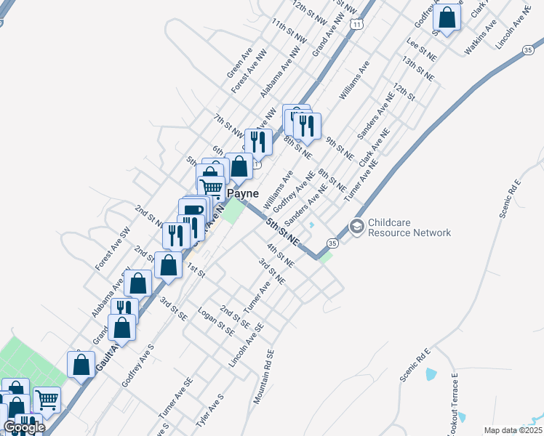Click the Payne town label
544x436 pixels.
point(244,194)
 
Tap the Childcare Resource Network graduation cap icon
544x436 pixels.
point(356,227)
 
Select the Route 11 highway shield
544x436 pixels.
point(356,24)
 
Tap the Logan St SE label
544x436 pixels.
point(216,320)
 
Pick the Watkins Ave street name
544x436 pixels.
point(481,38)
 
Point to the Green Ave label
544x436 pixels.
point(239,65)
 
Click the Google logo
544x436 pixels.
point(23,427)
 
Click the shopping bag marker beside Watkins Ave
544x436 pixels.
point(448,17)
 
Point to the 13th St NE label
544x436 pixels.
point(418,70)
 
